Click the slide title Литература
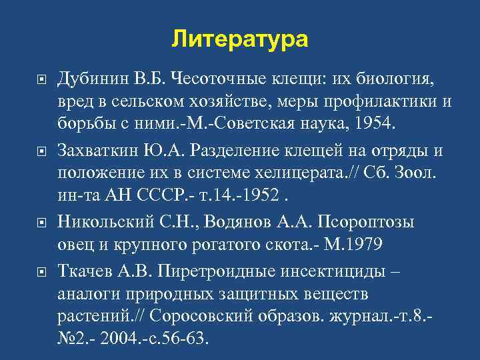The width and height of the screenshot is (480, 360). [240, 39]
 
